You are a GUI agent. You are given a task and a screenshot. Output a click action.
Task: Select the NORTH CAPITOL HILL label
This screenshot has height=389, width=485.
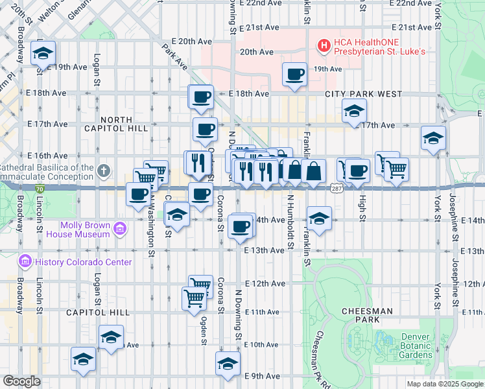click(117, 124)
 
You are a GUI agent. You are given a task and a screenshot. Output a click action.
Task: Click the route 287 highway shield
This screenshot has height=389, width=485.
click(336, 188)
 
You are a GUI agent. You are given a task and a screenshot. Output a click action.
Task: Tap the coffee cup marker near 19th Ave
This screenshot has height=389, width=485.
click(295, 73)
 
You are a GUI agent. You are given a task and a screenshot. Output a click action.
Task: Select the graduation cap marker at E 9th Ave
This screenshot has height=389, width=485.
click(228, 362)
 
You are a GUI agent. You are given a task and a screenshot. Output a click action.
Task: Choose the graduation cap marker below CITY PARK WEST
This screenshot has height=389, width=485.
click(354, 112)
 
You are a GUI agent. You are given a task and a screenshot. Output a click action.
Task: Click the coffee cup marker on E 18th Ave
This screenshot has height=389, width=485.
click(201, 97)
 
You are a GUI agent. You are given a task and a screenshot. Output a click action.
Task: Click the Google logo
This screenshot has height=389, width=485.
click(21, 381)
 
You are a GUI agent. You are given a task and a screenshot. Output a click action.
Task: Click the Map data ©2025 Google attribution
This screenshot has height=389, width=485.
click(444, 384)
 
